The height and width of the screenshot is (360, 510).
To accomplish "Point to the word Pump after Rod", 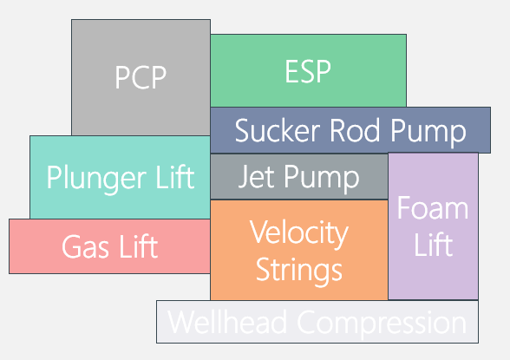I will [430, 132].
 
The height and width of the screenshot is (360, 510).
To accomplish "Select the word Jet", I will [257, 177].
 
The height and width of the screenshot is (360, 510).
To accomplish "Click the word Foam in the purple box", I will [433, 208].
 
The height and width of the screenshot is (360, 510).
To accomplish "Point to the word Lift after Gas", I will [137, 247].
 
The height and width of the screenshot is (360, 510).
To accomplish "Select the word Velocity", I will [298, 232].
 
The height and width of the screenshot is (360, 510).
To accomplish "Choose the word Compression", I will [382, 323].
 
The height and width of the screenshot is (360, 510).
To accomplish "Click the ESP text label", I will [308, 71].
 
